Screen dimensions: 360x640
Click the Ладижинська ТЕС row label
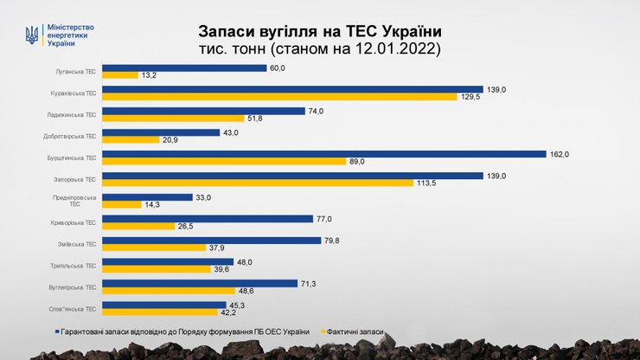click(72, 114)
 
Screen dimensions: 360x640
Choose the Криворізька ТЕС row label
click(73, 222)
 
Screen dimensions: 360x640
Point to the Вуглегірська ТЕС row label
click(73, 286)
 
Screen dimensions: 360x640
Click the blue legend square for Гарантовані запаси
click(57, 331)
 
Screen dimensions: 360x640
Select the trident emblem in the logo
click(32, 35)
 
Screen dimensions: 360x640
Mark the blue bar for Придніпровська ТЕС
click(147, 197)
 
